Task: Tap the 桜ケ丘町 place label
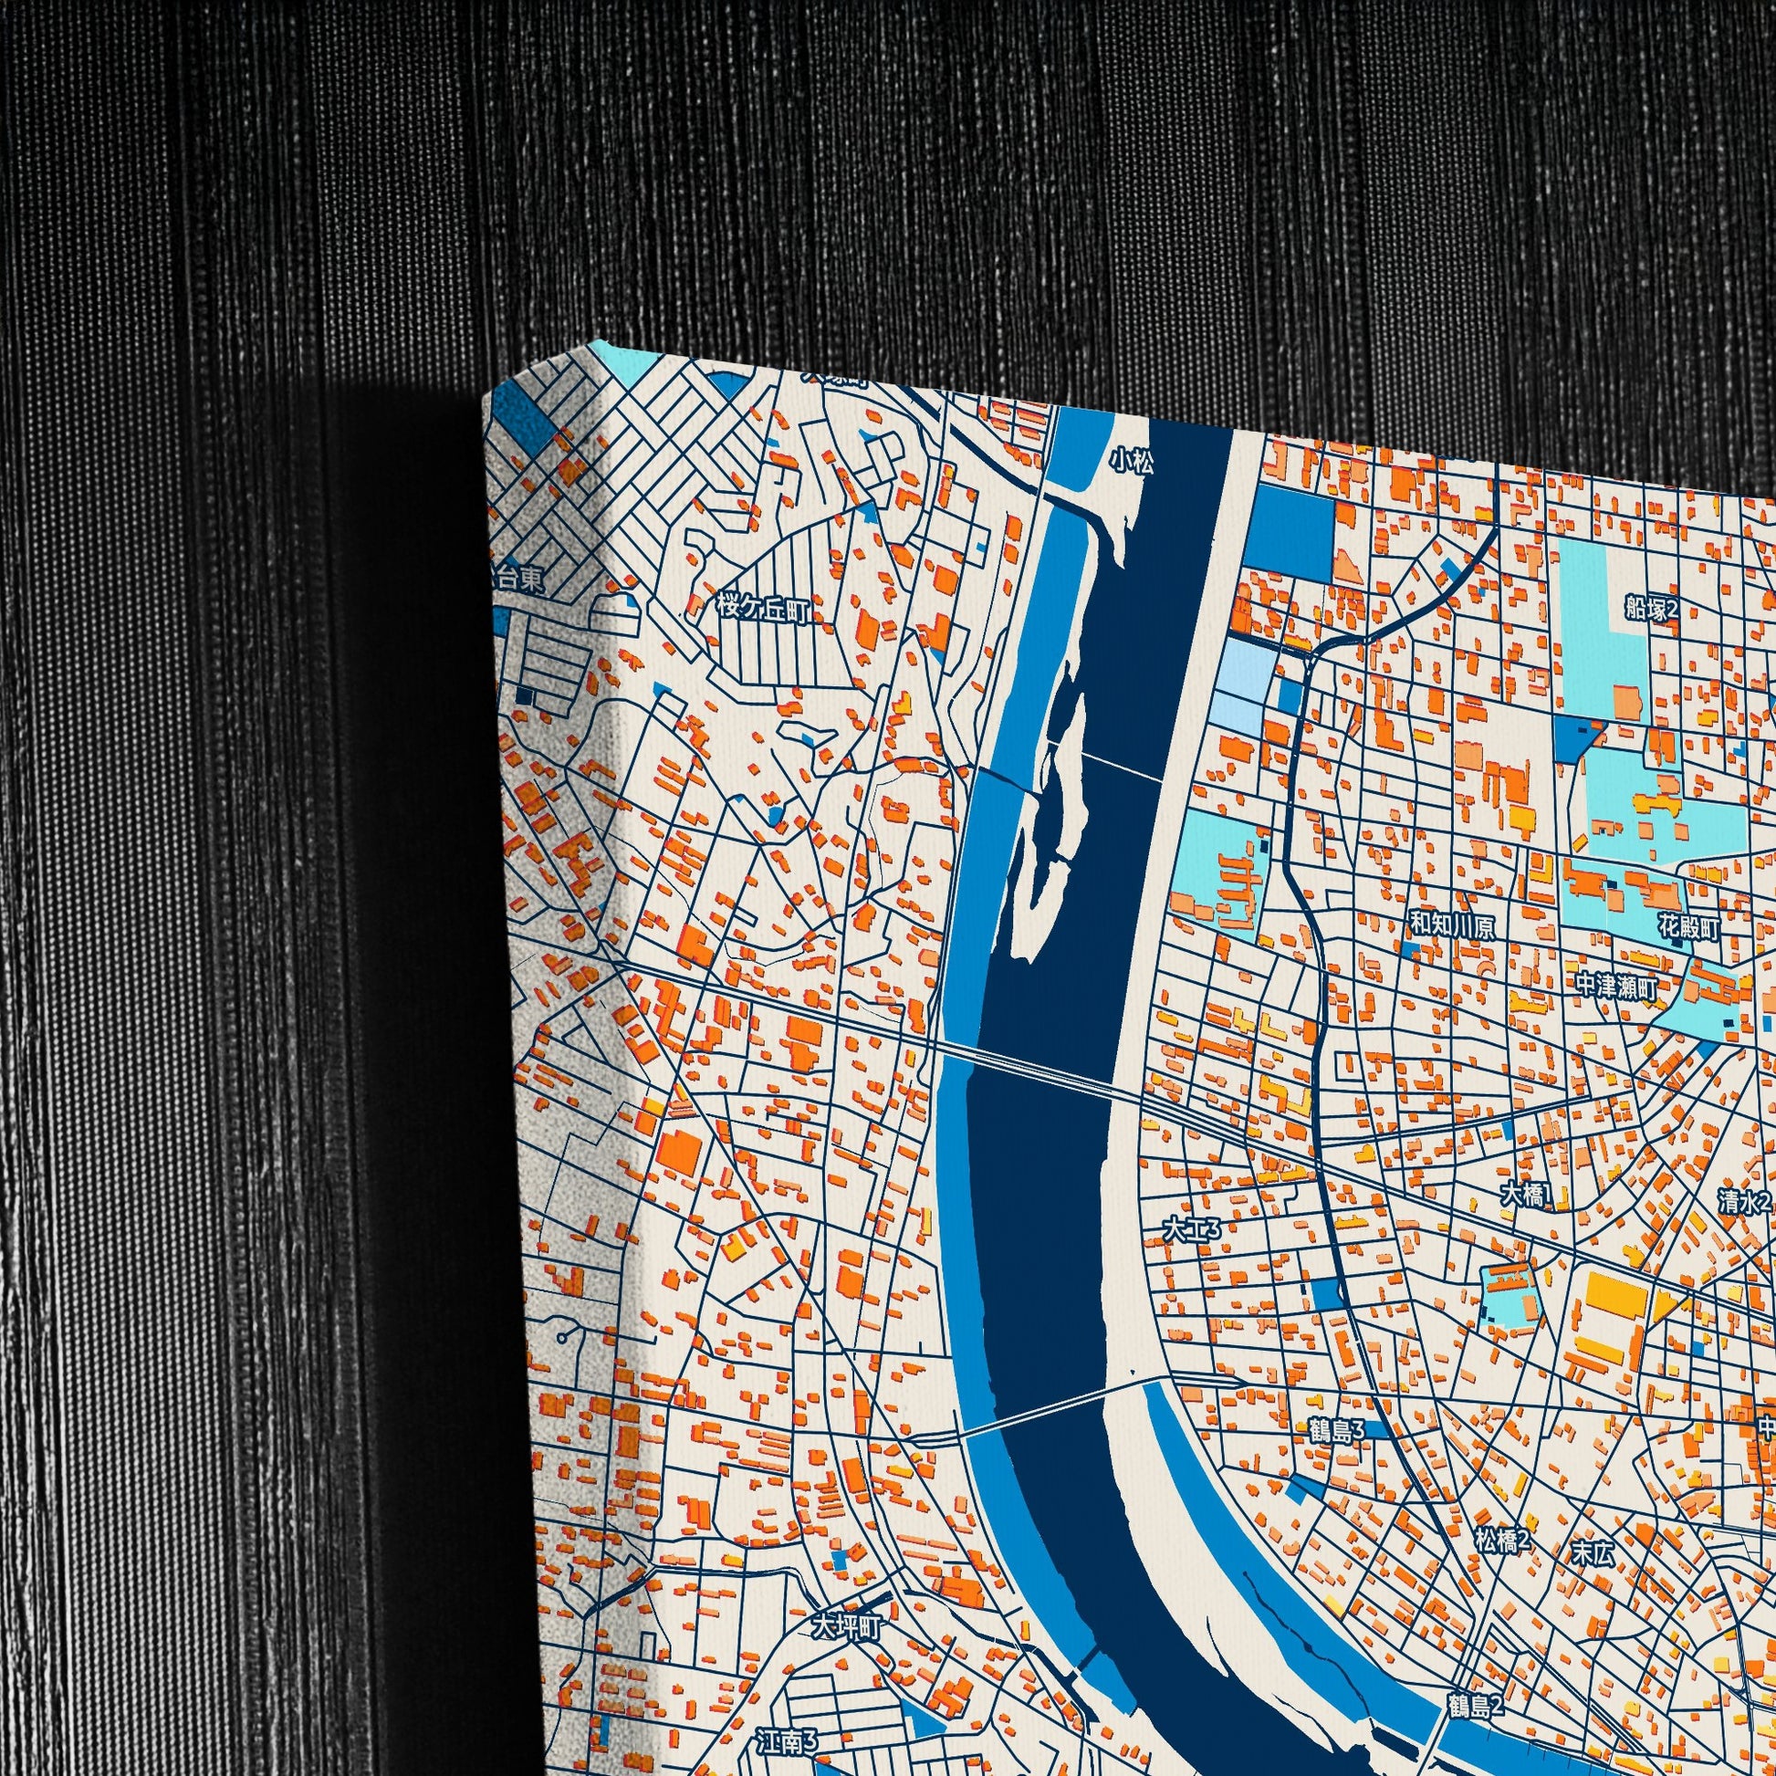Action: pos(762,610)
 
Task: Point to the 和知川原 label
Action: pos(1452,926)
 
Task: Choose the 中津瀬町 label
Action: pos(1616,988)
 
